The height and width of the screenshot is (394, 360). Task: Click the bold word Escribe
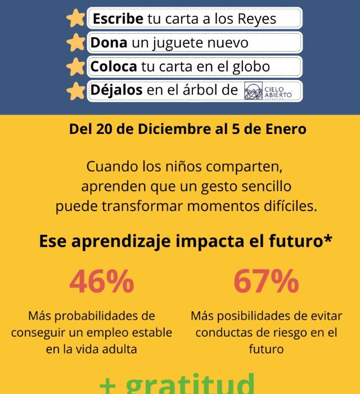tap(117, 19)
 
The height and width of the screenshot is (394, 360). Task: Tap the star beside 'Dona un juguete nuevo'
tap(75, 43)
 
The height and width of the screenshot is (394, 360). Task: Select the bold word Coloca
tap(114, 66)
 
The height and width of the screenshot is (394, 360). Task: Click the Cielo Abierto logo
tap(272, 91)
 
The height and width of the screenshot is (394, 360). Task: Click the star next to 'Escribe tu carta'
tap(75, 19)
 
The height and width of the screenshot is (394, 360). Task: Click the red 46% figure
tap(102, 281)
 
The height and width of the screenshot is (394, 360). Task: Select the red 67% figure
tap(266, 281)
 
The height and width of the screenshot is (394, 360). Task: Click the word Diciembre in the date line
tap(170, 129)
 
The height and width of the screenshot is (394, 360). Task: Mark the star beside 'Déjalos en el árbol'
tap(75, 91)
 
